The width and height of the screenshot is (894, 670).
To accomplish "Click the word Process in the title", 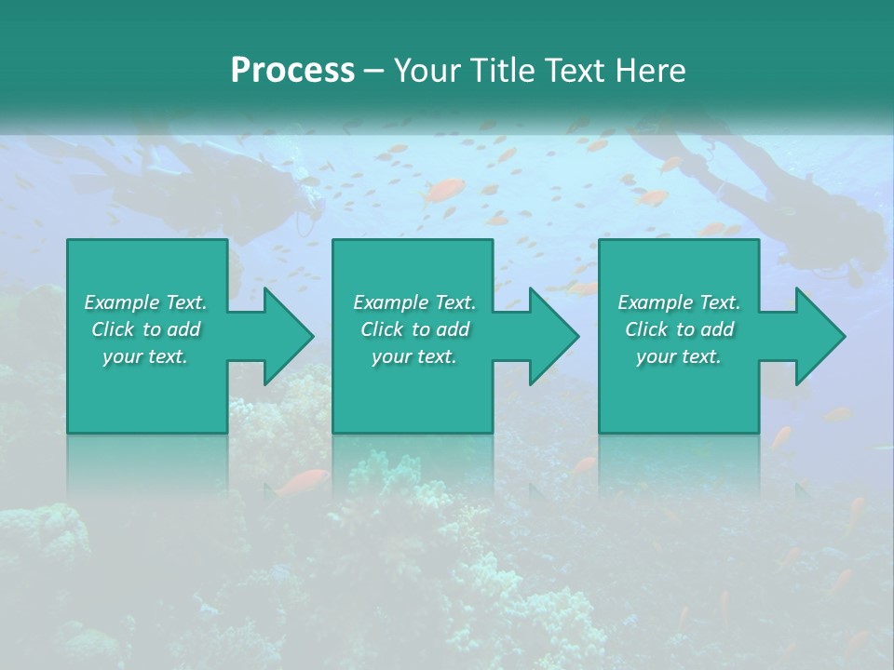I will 292,70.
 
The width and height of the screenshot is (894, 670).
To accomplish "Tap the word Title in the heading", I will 499,70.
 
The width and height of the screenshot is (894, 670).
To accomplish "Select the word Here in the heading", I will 650,70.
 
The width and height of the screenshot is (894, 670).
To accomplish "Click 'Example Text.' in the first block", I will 145,302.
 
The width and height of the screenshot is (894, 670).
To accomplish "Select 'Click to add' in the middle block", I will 414,329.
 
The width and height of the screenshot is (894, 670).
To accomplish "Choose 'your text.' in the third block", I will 679,356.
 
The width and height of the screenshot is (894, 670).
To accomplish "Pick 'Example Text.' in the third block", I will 679,302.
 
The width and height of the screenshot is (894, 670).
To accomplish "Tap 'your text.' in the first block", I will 145,356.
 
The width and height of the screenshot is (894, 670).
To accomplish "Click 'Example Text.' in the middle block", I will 414,302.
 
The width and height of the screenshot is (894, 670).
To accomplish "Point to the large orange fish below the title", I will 443,192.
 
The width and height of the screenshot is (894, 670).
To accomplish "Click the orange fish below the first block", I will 305,481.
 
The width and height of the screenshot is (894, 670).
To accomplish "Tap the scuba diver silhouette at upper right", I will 745,186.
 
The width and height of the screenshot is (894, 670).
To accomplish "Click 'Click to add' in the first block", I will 145,329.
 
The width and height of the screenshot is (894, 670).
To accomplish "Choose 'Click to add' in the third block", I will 679,329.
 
